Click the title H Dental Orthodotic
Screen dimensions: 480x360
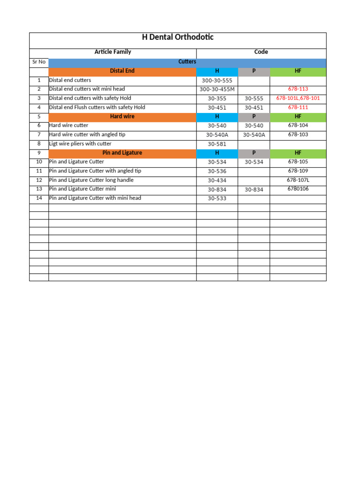(x=178, y=37)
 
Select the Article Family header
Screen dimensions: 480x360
(x=112, y=52)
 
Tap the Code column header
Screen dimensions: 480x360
(x=261, y=52)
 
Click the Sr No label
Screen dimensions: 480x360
(x=38, y=62)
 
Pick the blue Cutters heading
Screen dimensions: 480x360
(x=187, y=62)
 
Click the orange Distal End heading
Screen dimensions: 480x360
(x=122, y=71)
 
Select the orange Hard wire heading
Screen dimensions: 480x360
(x=122, y=116)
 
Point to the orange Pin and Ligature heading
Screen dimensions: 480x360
(x=122, y=153)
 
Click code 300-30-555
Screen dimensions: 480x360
(x=217, y=81)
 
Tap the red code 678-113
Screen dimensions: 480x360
(x=298, y=89)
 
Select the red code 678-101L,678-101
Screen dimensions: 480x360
(x=298, y=98)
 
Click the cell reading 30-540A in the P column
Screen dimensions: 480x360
(x=254, y=135)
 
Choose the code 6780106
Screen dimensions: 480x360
(x=298, y=189)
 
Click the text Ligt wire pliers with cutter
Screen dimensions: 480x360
(x=80, y=144)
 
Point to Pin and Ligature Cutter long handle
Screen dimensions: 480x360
(x=91, y=180)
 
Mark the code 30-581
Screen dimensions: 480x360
(x=217, y=144)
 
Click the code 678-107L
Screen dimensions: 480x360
(x=298, y=180)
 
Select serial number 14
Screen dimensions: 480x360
(x=39, y=198)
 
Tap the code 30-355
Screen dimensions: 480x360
(x=217, y=99)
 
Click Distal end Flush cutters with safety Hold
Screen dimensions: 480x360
(x=97, y=107)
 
